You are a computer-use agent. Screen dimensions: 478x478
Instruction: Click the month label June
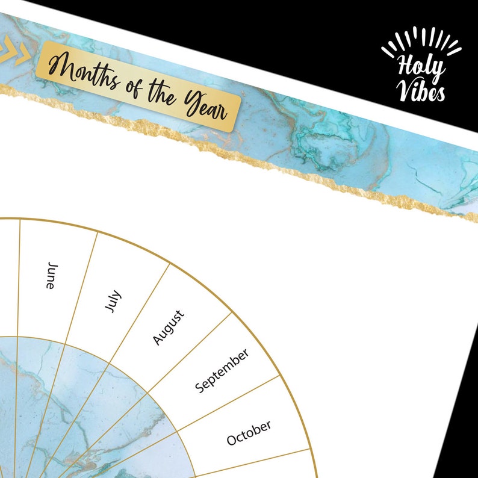pyautogui.click(x=52, y=276)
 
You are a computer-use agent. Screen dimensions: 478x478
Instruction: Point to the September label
pyautogui.click(x=222, y=371)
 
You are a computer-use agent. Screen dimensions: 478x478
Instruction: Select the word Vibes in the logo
pyautogui.click(x=421, y=91)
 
